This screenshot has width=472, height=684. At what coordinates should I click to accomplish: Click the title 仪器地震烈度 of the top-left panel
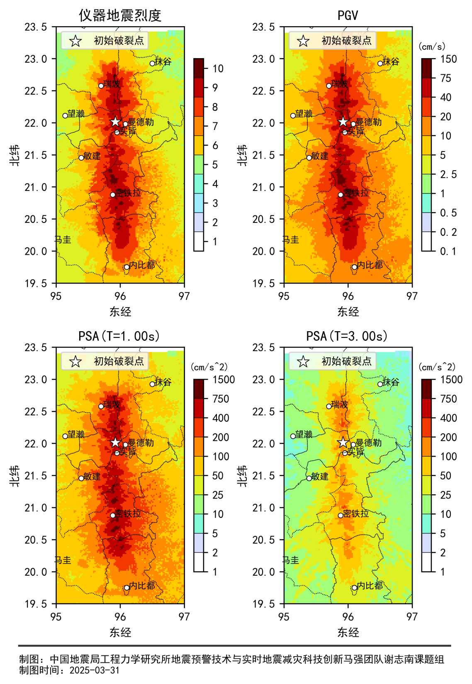120,16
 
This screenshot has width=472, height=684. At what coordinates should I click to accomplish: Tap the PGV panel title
348,16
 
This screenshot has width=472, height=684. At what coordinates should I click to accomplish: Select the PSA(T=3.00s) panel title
347,336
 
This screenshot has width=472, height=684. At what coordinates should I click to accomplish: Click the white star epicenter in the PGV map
343,122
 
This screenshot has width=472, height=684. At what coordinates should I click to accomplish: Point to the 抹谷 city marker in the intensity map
152,64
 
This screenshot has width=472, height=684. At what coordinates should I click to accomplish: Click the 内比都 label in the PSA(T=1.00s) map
142,586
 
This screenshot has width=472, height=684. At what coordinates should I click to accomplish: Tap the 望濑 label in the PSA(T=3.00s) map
304,435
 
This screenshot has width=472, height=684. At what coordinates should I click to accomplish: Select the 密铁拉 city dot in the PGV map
341,195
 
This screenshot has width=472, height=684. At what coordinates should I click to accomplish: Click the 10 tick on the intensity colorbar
218,68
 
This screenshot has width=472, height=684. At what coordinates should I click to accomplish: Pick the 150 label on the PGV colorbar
448,59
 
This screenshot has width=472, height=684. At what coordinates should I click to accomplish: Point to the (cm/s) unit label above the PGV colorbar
432,46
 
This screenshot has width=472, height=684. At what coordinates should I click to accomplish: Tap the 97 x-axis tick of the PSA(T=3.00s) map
412,617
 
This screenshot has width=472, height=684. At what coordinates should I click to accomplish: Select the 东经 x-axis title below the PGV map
348,312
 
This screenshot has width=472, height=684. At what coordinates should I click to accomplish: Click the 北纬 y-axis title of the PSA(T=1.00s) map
15,476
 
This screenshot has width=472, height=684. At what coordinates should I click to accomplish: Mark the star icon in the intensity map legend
75,41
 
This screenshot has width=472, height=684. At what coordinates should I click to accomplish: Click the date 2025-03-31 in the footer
95,670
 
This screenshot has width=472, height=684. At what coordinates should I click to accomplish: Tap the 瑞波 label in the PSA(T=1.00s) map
112,405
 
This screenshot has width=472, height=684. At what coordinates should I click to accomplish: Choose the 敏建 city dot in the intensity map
81,158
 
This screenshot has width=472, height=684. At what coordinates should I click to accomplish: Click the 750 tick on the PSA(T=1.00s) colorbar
220,399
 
